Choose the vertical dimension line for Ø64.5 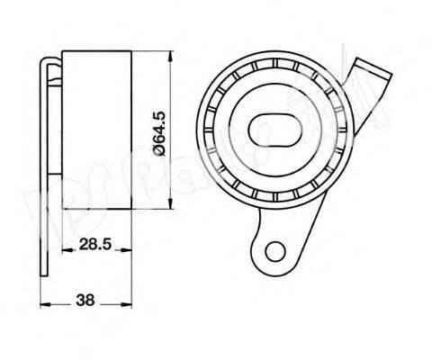tap(172, 99)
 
